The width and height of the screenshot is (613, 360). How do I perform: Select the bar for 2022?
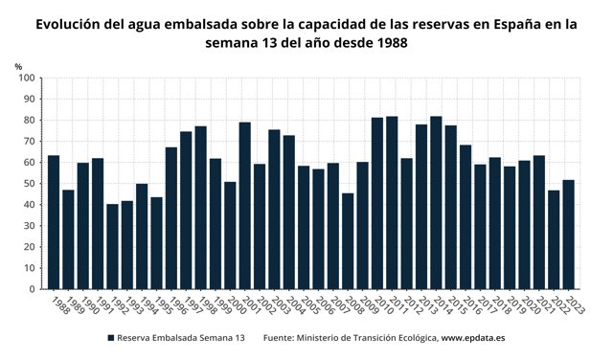click(x=554, y=239)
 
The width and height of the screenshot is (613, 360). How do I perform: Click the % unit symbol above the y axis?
click(x=18, y=65)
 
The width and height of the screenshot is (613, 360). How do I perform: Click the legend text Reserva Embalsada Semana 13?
click(x=181, y=338)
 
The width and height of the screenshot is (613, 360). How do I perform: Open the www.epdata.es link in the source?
click(x=474, y=338)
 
